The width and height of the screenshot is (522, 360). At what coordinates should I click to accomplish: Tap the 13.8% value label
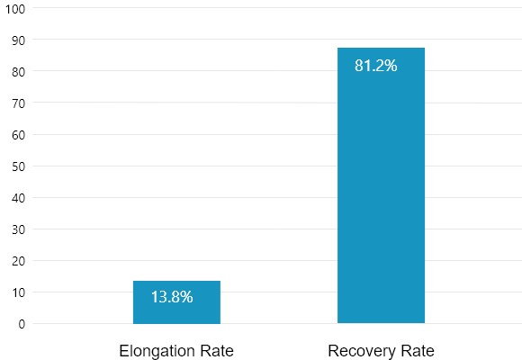pos(172,297)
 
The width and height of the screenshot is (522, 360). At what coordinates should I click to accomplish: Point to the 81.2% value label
pos(376,66)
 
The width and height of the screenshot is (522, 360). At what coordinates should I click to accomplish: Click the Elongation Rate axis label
pos(176,351)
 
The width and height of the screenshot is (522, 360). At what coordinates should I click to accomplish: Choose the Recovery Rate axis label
pos(381,351)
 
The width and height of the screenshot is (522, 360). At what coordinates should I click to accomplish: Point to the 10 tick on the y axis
pos(19,292)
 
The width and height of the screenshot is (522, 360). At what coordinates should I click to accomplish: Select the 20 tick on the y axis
pos(19,261)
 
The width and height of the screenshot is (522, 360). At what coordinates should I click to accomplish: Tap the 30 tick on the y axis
pos(19,229)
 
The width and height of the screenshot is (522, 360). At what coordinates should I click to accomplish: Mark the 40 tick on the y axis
pos(19,198)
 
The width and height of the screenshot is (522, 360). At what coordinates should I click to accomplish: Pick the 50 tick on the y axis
pos(19,166)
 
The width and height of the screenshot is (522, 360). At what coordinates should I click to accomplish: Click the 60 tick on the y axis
pos(19,135)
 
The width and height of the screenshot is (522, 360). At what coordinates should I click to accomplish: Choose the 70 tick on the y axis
pos(19,103)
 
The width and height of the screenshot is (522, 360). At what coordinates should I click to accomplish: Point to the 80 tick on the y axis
pos(19,71)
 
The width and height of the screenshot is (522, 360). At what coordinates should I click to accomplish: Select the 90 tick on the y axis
pos(19,40)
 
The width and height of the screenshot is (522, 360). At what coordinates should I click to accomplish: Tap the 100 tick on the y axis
pos(15,8)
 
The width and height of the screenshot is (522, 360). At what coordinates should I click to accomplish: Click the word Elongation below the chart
pos(157,351)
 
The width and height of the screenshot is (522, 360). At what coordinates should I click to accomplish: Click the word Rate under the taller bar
pos(418,351)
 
